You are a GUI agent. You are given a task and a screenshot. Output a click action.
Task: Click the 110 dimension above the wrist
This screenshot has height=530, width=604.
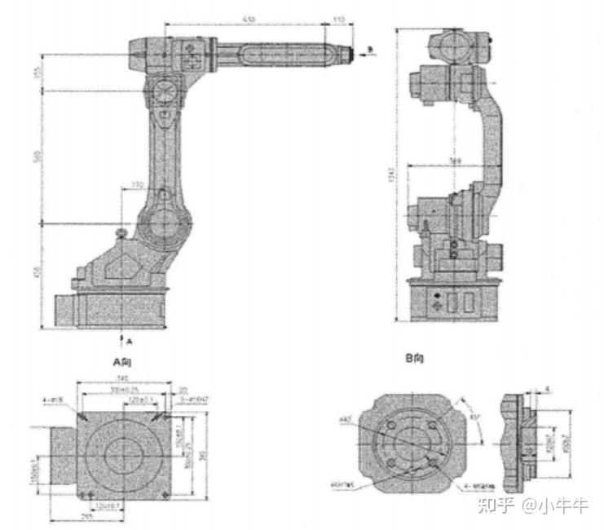point(340,17)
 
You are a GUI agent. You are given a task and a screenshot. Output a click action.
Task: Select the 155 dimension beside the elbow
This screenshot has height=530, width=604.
point(36,73)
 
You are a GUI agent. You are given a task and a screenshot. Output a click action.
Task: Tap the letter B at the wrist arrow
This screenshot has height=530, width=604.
point(369,50)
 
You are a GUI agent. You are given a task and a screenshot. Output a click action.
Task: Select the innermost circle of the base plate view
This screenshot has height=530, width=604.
point(123,447)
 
